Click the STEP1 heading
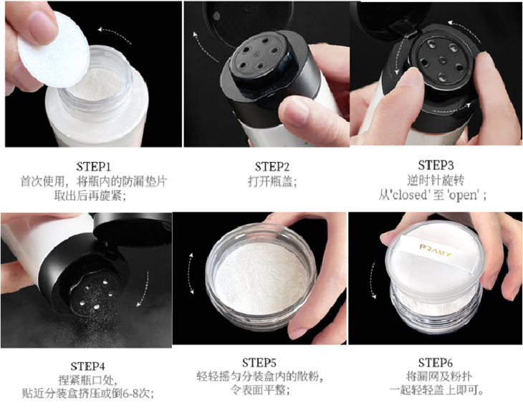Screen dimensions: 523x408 click(93, 166)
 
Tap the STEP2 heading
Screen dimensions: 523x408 click(272, 166)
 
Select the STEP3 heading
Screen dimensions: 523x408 click(436, 165)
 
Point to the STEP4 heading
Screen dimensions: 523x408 click(87, 366)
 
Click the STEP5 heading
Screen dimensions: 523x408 click(259, 363)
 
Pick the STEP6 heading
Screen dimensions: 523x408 click(436, 363)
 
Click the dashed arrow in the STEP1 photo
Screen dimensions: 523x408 click(114, 34)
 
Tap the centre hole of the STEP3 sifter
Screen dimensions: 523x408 click(442, 60)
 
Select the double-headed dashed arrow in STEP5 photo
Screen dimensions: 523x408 click(191, 273)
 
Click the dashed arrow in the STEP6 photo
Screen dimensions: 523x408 click(373, 280)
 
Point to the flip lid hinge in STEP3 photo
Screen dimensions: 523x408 click(404, 27)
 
